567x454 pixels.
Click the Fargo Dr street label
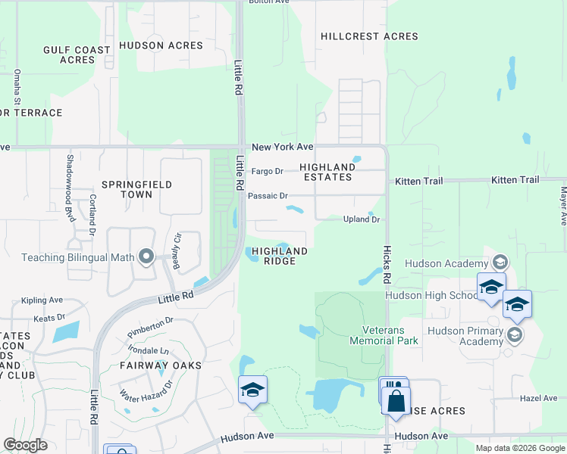(267, 171)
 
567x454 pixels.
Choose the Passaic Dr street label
(268, 196)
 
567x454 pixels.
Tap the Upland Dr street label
(361, 219)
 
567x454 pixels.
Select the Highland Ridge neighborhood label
(280, 256)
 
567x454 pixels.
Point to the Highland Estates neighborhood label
(327, 172)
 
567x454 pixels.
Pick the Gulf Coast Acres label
(77, 54)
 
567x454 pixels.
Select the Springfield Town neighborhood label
(137, 189)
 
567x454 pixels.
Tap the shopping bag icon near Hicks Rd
(396, 401)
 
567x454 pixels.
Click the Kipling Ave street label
(40, 300)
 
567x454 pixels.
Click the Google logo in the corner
(25, 445)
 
